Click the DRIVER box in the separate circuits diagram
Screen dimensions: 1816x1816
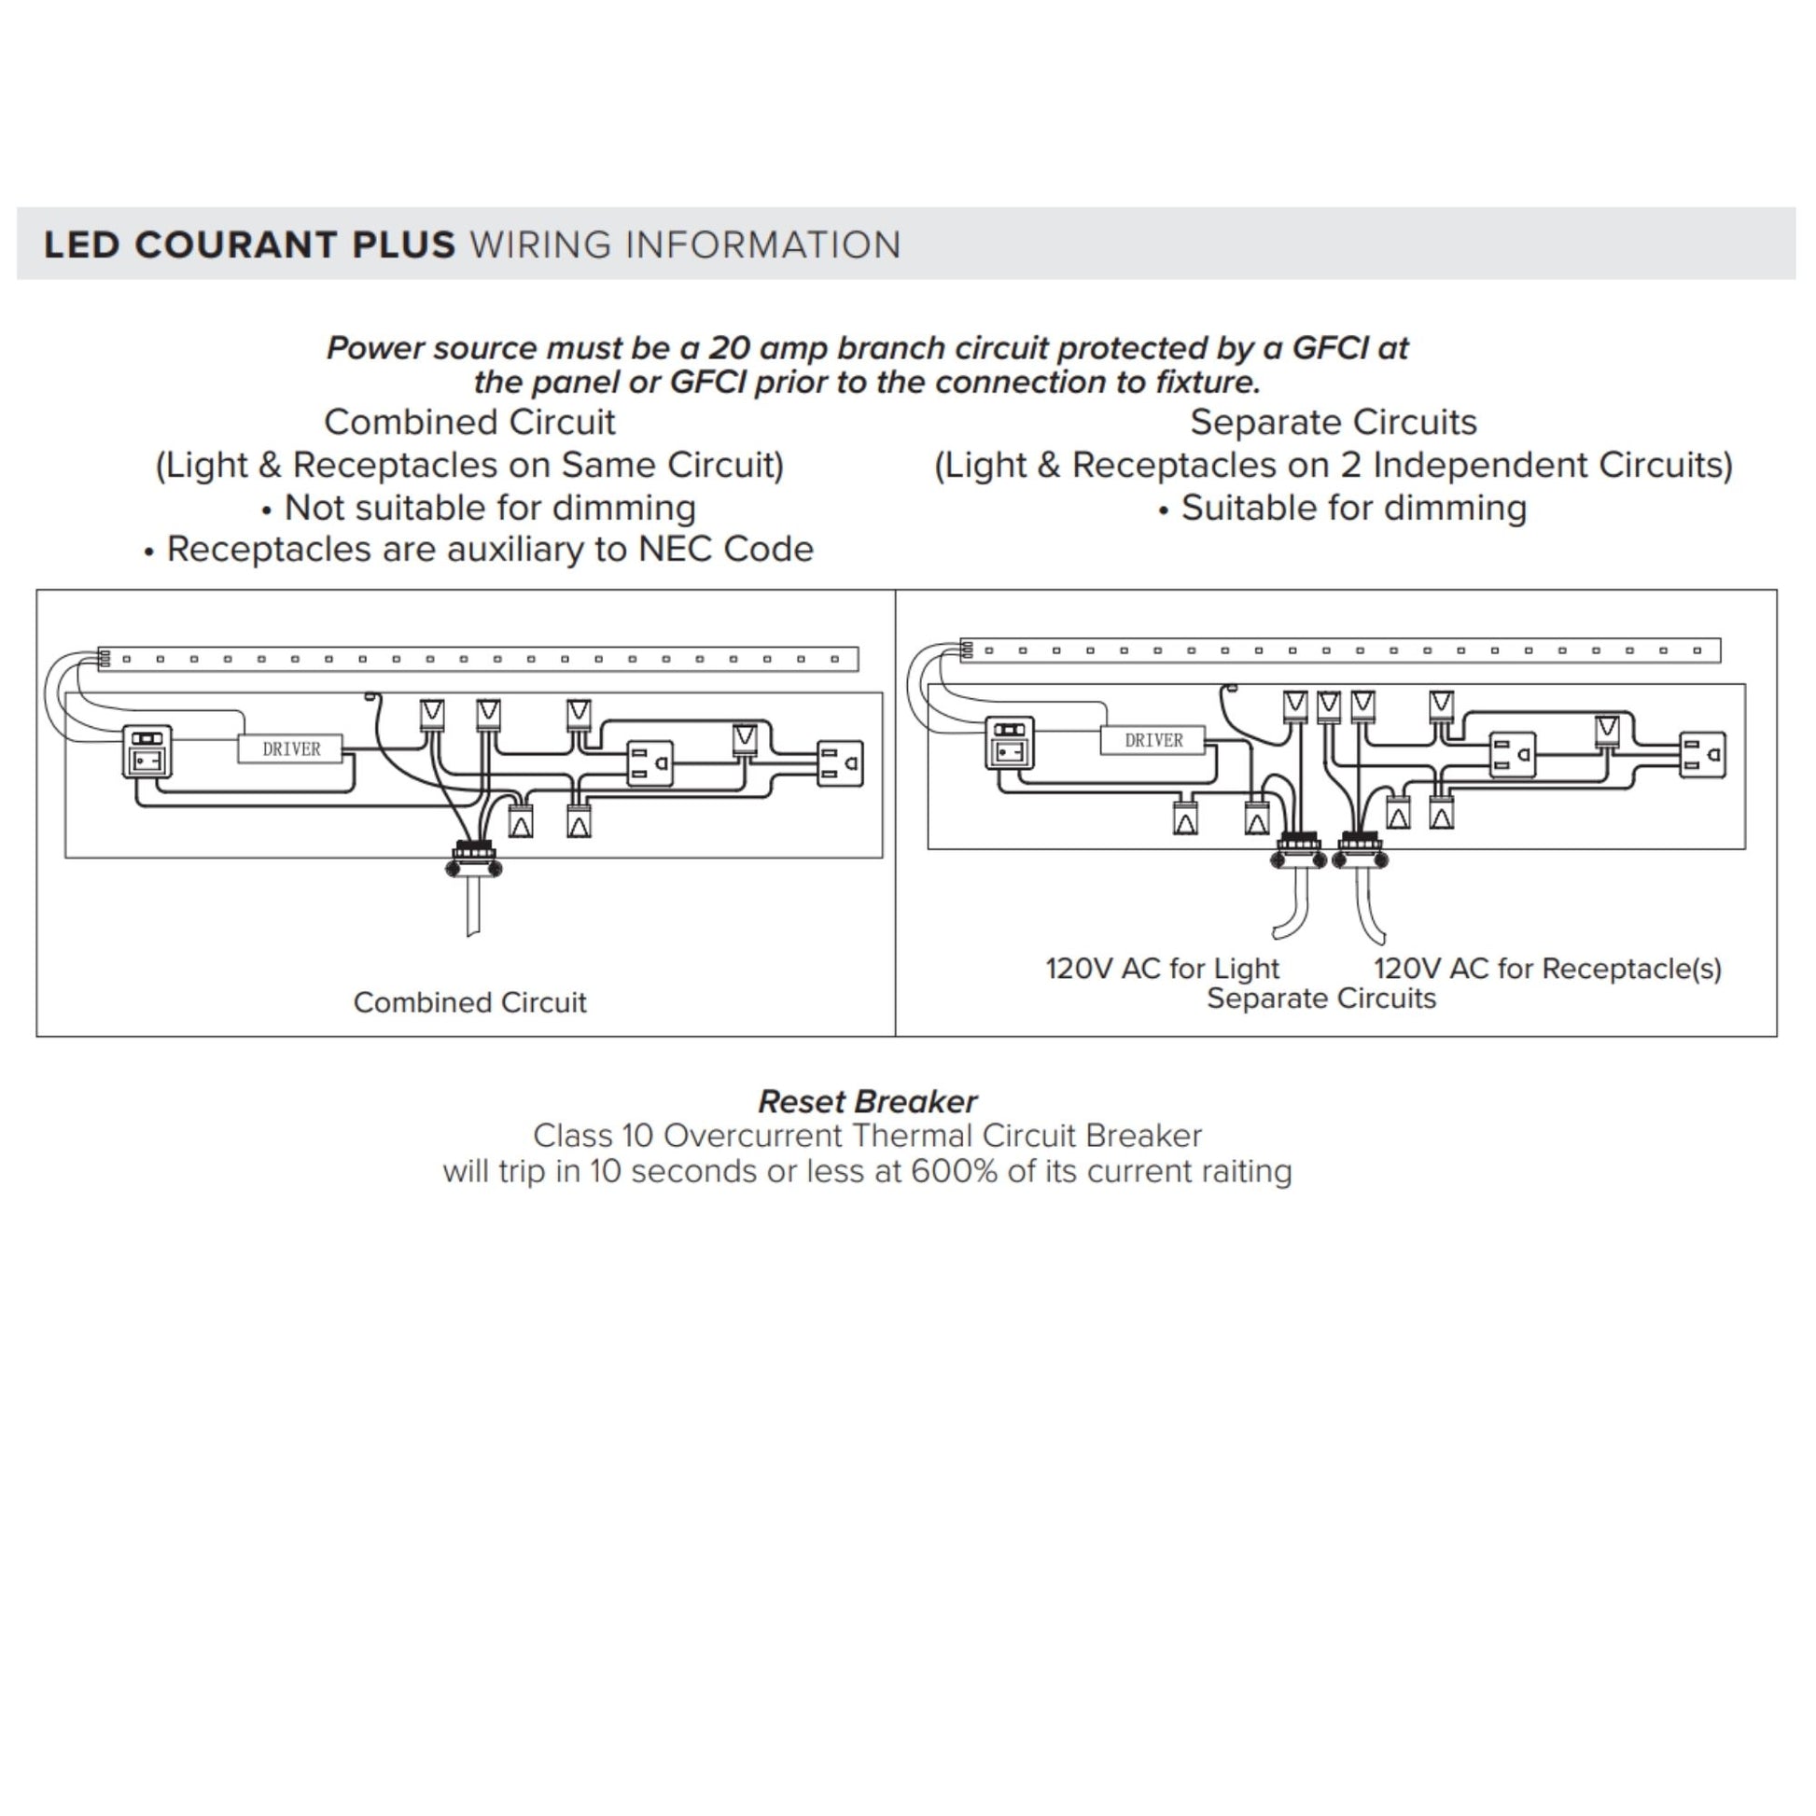coord(1152,741)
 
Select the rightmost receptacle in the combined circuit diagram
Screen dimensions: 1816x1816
coord(840,763)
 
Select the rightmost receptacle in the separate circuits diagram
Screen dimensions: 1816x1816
coord(1702,755)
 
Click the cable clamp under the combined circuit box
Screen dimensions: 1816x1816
coord(474,860)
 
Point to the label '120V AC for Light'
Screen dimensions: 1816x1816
coord(1162,968)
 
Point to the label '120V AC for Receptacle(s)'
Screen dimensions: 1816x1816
coord(1547,968)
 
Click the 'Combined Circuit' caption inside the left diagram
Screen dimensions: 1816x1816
coord(470,1002)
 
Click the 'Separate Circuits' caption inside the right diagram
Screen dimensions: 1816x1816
coord(1320,999)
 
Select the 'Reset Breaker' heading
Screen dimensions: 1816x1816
coord(868,1100)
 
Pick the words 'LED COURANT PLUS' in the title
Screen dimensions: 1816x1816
coord(249,244)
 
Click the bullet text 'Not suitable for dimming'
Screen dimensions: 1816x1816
coord(490,508)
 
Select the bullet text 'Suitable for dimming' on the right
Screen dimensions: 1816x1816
coord(1353,508)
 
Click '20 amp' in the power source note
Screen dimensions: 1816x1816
coord(768,348)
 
